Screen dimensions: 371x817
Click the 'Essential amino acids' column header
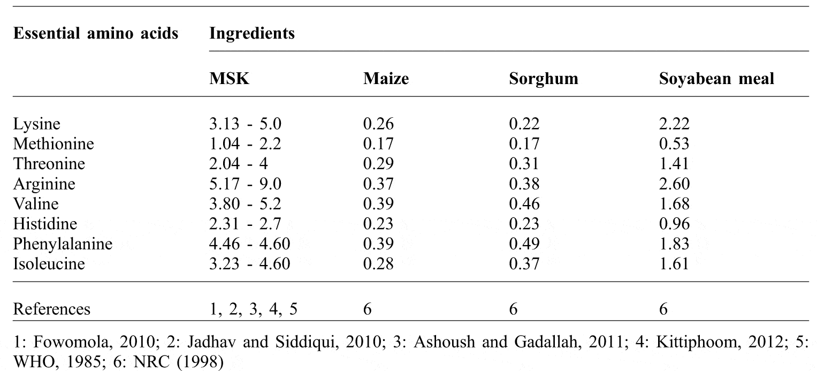pos(95,34)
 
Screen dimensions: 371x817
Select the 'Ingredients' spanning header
pos(251,34)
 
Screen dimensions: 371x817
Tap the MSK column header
pos(228,79)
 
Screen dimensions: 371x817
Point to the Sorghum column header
pos(543,79)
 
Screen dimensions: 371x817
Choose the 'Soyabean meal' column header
pos(716,79)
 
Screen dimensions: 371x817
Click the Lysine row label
pos(36,125)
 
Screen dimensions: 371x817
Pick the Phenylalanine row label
pos(63,244)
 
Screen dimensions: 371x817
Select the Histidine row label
pos(45,224)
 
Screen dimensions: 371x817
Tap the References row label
pos(51,309)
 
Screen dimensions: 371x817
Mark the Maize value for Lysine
pos(378,125)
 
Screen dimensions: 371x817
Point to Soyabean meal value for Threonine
pos(674,164)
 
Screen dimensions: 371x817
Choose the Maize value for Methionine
pos(378,145)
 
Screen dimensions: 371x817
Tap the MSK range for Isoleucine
pos(249,264)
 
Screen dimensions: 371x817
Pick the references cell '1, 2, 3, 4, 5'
pos(251,309)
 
